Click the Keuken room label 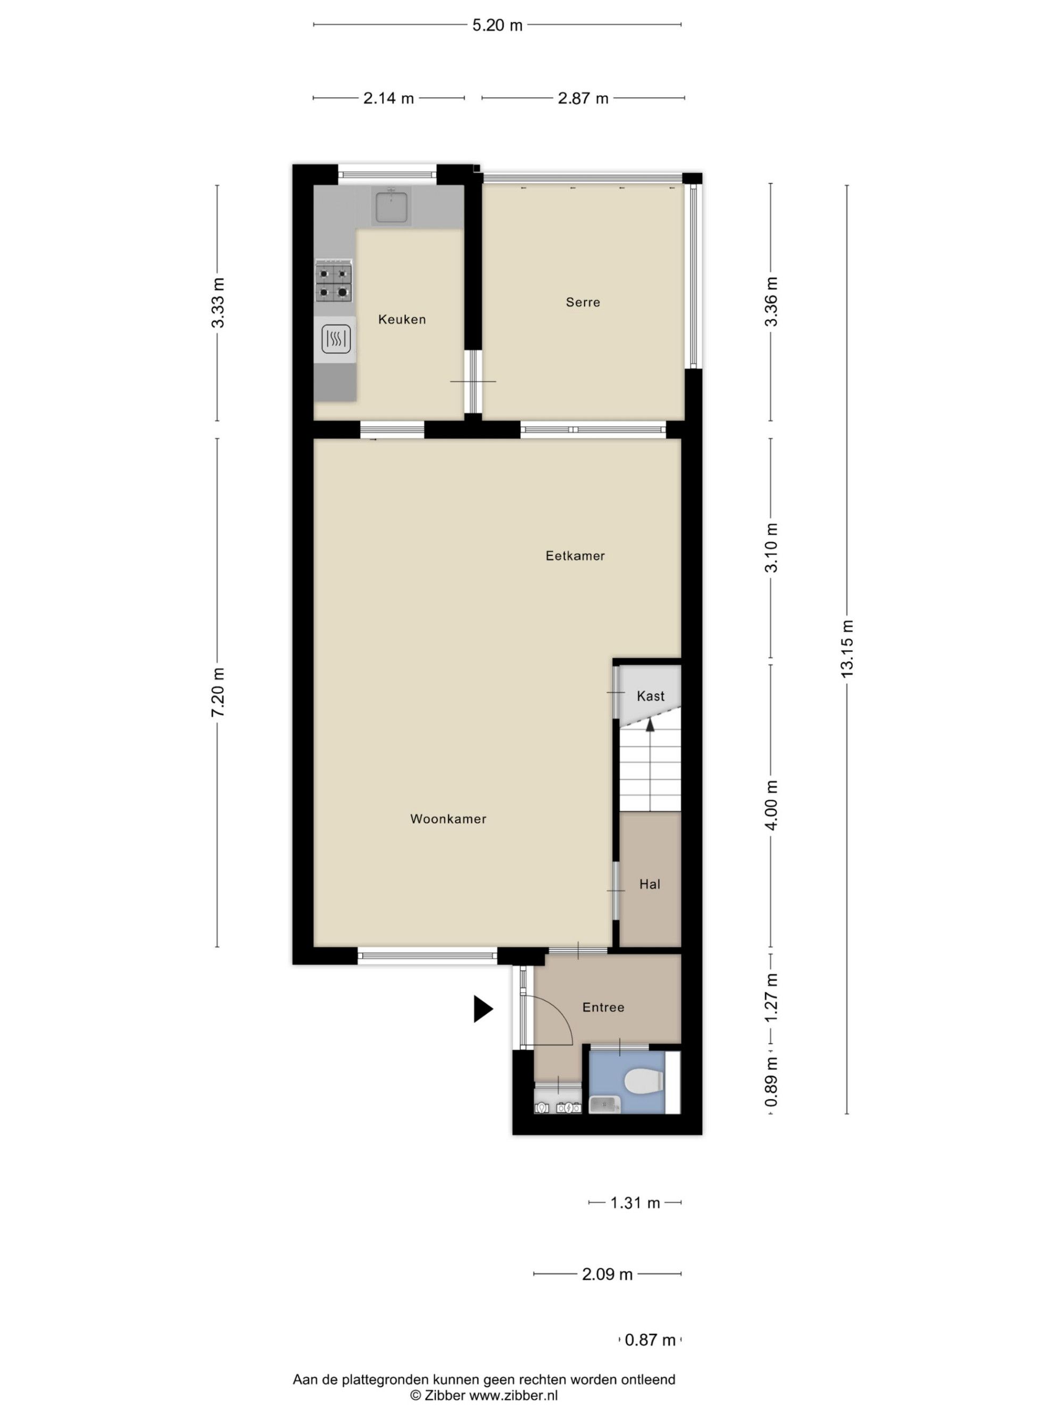402,319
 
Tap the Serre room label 583,302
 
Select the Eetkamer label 575,555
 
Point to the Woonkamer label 447,818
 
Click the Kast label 650,696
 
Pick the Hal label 649,884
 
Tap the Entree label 603,1007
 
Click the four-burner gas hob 334,281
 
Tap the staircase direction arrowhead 650,725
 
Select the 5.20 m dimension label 497,25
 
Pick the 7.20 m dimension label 218,692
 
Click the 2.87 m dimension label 583,98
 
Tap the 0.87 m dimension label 650,1339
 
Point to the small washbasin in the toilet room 605,1104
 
